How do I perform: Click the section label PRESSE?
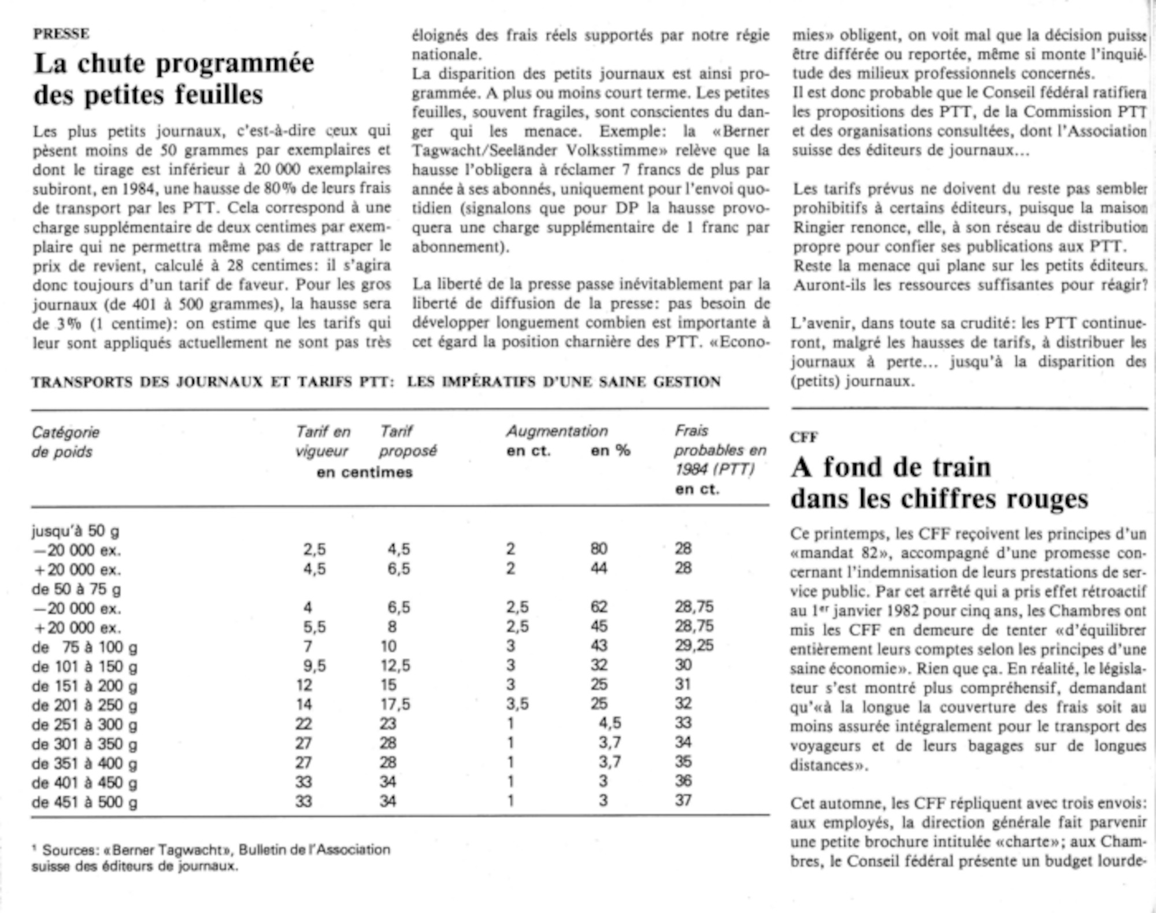pos(61,34)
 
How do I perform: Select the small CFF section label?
pos(803,437)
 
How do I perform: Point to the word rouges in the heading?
pos(1047,499)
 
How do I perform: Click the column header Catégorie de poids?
pos(65,441)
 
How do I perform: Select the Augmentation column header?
pos(557,431)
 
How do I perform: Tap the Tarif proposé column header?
pos(407,441)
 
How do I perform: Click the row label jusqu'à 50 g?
pos(75,531)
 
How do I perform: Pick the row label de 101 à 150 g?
pos(84,666)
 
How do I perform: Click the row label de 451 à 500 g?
pos(84,802)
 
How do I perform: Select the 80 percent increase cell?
pos(599,548)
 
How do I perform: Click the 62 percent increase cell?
pos(599,607)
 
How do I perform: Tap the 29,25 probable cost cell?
pos(694,645)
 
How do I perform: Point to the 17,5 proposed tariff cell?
pos(395,704)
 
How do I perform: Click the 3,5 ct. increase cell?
pos(517,704)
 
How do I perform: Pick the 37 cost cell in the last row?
pos(683,801)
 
